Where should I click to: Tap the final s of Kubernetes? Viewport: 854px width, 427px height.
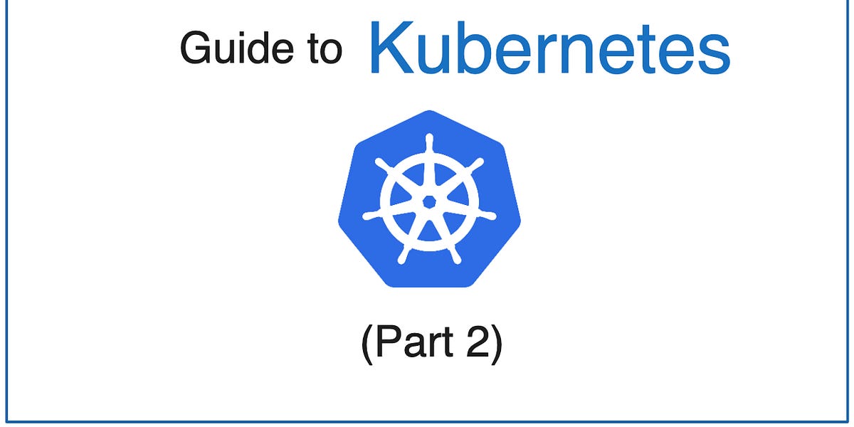[x=714, y=56]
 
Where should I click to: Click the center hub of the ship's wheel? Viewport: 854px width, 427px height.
[x=428, y=202]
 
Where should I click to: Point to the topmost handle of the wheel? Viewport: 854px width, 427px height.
[x=428, y=140]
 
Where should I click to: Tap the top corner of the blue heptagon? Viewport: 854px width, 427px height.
[x=428, y=112]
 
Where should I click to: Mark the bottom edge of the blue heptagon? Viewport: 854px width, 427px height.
[x=428, y=286]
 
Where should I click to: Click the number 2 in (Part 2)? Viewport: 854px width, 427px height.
[x=478, y=344]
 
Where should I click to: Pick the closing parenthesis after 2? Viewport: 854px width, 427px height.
[x=496, y=345]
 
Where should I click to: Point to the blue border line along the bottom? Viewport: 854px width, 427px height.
[x=427, y=421]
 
